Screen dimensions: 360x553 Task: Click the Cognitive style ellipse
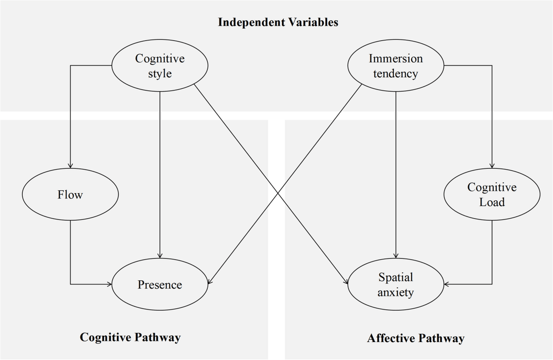(160, 66)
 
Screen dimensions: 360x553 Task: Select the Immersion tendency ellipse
(396, 66)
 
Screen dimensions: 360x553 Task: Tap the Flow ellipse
(70, 194)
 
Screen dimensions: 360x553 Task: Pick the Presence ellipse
(160, 284)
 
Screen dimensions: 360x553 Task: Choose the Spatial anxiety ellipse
(396, 284)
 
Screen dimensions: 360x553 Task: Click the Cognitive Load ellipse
(492, 194)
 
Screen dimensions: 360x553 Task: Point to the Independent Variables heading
(278, 22)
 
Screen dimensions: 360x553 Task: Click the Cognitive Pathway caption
(130, 337)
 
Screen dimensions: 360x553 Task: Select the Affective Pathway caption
(416, 338)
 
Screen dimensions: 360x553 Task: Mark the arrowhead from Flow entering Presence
(110, 284)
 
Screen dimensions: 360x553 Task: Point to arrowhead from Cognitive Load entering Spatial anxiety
(446, 284)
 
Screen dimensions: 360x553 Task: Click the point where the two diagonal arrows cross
(278, 193)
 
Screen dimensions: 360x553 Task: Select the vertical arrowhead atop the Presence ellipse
(160, 256)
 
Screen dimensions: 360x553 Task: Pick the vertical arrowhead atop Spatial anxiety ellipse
(396, 256)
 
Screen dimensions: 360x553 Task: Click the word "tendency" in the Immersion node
(396, 73)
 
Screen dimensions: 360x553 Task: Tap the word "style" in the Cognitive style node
(160, 73)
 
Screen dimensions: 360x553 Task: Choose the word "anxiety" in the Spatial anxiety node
(396, 292)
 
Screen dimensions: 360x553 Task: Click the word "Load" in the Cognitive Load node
(492, 202)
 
